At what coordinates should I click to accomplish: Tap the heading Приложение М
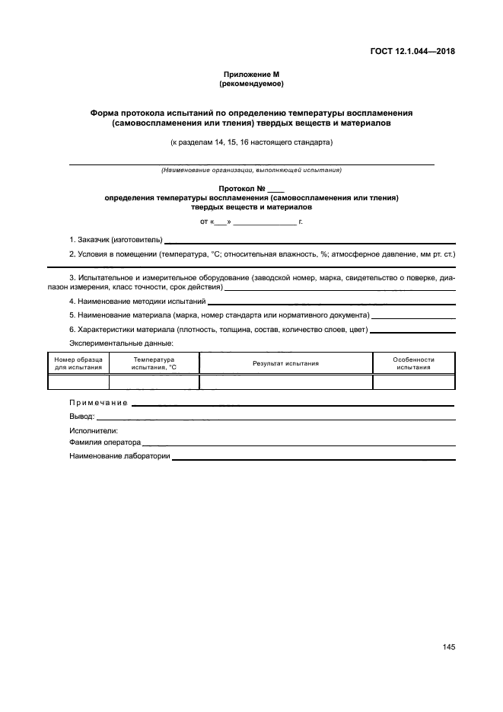(x=251, y=74)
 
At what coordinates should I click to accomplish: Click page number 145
(x=448, y=647)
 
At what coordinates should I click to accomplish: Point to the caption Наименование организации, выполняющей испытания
(x=251, y=170)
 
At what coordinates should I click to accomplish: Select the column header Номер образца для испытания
(x=78, y=363)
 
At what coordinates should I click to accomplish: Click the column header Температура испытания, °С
(x=154, y=363)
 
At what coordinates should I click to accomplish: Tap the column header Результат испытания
(x=285, y=363)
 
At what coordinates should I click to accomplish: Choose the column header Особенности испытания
(x=413, y=363)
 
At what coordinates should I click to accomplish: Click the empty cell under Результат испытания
(x=285, y=382)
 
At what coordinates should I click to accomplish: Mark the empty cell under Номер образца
(x=78, y=382)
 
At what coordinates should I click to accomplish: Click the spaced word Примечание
(x=98, y=403)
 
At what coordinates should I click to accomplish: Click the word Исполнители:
(x=88, y=430)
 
